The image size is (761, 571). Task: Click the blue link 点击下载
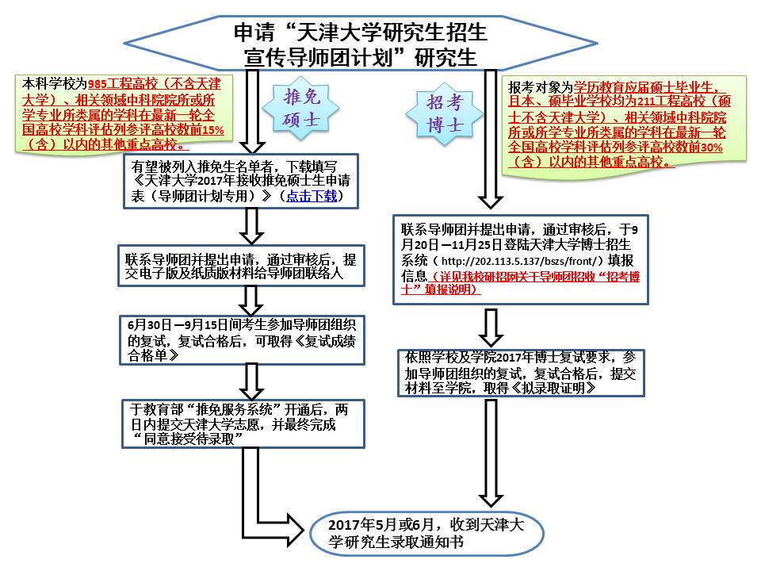[311, 196]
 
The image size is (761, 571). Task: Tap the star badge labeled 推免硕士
[301, 109]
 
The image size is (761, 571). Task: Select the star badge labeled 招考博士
[444, 113]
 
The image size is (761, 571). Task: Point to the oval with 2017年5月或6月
[426, 533]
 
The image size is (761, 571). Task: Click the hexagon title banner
[360, 44]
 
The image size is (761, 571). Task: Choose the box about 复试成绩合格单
[243, 340]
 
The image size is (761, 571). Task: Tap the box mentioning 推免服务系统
[243, 423]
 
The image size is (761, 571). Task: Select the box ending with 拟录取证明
[521, 373]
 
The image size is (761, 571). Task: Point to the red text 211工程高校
[672, 101]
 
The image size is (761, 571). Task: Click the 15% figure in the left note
[213, 129]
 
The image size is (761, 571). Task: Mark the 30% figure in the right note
[712, 148]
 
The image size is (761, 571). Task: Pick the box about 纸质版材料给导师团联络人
[241, 266]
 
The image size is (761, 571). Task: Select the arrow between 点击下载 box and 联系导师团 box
[252, 226]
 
